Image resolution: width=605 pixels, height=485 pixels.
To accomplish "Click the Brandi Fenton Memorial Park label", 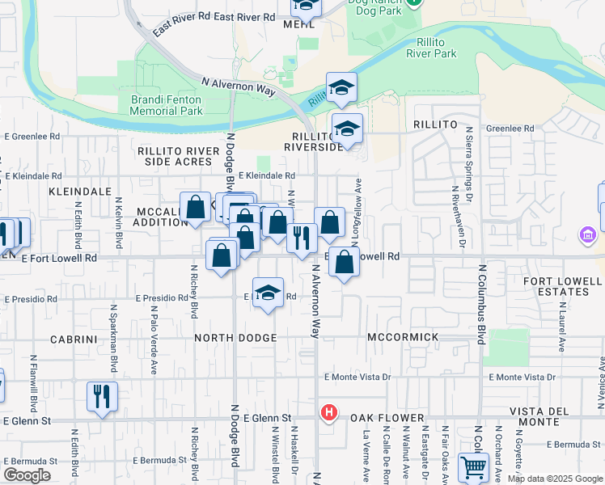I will click(x=167, y=104).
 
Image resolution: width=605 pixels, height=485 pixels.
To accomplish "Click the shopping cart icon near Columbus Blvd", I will click(x=473, y=467).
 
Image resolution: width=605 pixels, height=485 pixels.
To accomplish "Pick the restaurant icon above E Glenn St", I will click(x=102, y=396).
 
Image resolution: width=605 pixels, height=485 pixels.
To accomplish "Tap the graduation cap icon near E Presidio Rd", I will click(x=269, y=293).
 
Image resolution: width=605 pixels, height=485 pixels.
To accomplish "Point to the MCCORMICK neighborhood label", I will click(x=403, y=337).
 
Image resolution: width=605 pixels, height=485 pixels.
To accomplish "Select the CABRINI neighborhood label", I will click(x=73, y=339).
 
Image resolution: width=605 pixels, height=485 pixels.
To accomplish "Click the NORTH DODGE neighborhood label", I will click(x=235, y=337).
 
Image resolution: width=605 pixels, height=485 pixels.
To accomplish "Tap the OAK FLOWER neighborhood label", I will click(x=387, y=418).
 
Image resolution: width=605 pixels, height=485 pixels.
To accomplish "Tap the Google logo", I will click(x=27, y=475).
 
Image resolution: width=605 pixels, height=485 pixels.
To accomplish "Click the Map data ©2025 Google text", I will click(x=554, y=479).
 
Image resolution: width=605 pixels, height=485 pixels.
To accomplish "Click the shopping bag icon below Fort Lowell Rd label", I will click(x=345, y=261).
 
